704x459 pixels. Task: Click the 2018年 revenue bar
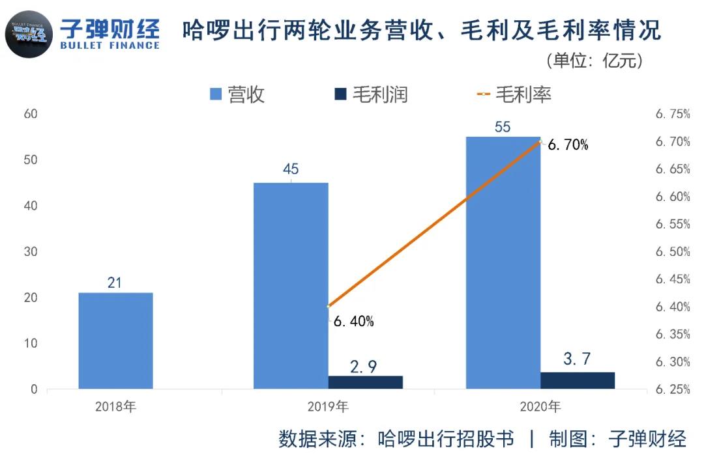click(x=115, y=341)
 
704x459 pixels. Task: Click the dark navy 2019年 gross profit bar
click(x=365, y=382)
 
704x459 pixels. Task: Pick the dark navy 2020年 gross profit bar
click(x=578, y=380)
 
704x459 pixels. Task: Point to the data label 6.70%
click(x=567, y=145)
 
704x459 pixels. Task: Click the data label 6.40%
click(x=353, y=321)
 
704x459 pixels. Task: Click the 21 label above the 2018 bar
click(x=115, y=283)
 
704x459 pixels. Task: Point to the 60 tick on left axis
click(x=30, y=114)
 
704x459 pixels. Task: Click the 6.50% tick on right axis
click(x=672, y=252)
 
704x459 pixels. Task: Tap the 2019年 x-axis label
click(x=328, y=408)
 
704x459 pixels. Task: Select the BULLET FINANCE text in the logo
click(x=109, y=45)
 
